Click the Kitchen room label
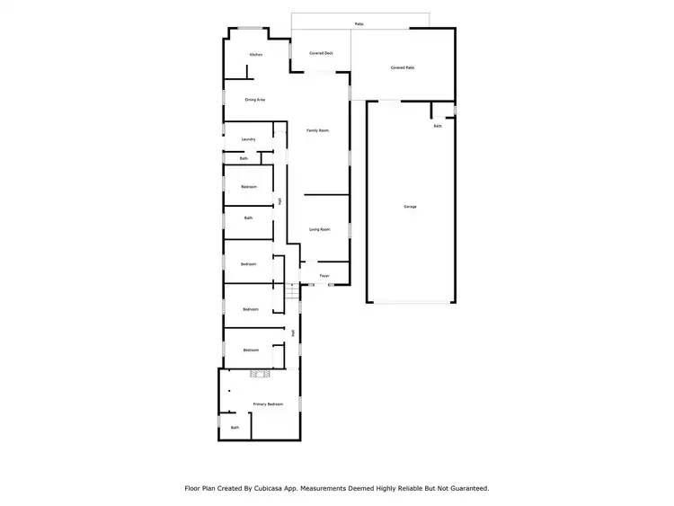tap(256, 55)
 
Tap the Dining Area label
tap(255, 100)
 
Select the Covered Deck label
tap(321, 54)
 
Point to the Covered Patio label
tap(403, 67)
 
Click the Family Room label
tap(318, 130)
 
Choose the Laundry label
tap(249, 139)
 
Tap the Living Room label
tap(320, 229)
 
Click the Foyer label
tap(324, 276)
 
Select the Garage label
tap(410, 207)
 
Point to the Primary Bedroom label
tap(268, 404)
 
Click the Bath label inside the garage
tap(438, 127)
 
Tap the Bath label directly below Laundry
tap(244, 159)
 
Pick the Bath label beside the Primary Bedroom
tap(235, 428)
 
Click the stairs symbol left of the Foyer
tap(291, 290)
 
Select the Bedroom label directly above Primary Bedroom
tap(251, 350)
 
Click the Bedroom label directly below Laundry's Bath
tap(249, 187)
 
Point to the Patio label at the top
tap(359, 23)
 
